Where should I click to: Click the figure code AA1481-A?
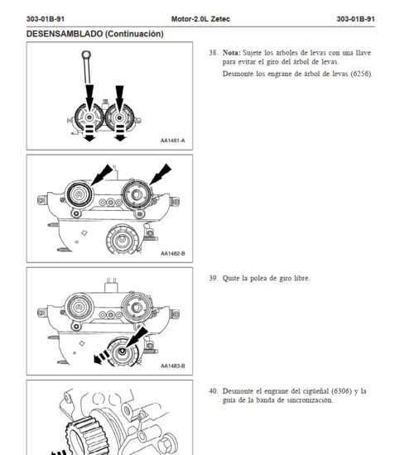[x=172, y=141]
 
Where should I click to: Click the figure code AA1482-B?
[x=173, y=254]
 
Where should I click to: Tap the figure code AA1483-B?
[x=173, y=366]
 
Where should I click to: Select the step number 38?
[x=214, y=53]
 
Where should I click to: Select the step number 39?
[x=214, y=278]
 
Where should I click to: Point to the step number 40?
[x=214, y=391]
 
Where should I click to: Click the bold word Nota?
[x=232, y=53]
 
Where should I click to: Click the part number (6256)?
[x=361, y=74]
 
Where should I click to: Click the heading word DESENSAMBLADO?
[x=65, y=34]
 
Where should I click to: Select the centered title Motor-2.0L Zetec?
[x=200, y=19]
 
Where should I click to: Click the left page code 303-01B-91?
[x=46, y=19]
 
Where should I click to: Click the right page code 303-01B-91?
[x=355, y=19]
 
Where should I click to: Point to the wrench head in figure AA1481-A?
[x=86, y=55]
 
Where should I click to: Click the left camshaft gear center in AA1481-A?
[x=89, y=117]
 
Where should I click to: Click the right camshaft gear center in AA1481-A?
[x=119, y=117]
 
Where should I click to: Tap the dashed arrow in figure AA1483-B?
[x=101, y=357]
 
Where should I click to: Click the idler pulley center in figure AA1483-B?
[x=123, y=352]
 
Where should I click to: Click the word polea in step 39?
[x=258, y=278]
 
